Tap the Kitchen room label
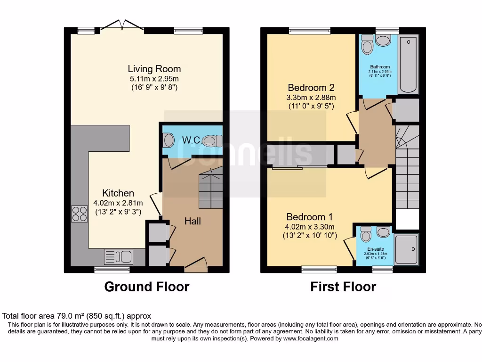[x=118, y=193]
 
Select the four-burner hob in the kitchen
[x=79, y=214]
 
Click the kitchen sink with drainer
[x=119, y=257]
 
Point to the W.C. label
[x=192, y=140]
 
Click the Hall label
[x=193, y=221]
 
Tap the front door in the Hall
[x=195, y=265]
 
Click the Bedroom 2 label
[x=311, y=88]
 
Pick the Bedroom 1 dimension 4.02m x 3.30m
[x=310, y=226]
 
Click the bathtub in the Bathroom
[x=408, y=65]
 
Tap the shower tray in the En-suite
[x=406, y=249]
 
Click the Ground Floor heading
[x=146, y=287]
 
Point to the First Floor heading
[x=343, y=287]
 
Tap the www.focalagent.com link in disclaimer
[x=310, y=338]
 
